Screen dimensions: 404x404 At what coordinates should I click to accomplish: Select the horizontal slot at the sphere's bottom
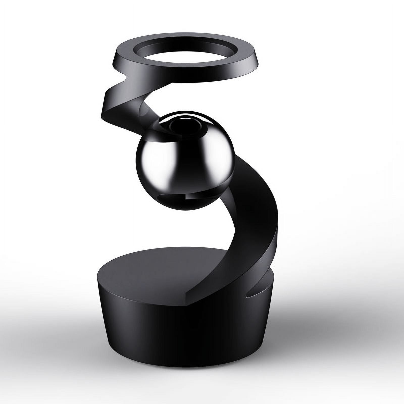tap(172, 196)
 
